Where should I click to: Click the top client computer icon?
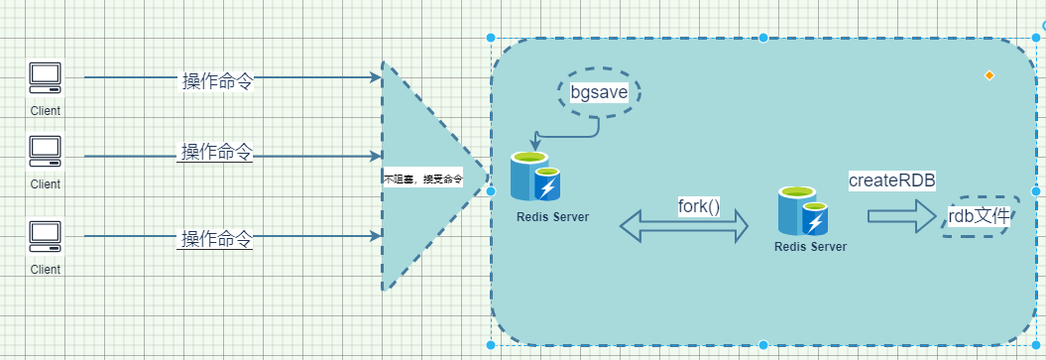point(45,77)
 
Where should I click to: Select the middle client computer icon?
point(45,150)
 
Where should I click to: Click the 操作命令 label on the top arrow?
point(216,81)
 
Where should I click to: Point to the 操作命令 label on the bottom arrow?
point(216,239)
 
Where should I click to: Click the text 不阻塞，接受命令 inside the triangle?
point(422,180)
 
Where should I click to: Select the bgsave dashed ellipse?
point(598,93)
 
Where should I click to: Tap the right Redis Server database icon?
point(802,210)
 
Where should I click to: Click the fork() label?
point(698,206)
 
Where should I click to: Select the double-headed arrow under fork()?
point(684,228)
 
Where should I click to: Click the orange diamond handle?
point(988,74)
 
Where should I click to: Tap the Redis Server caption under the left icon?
point(552,216)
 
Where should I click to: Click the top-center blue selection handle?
point(763,38)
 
